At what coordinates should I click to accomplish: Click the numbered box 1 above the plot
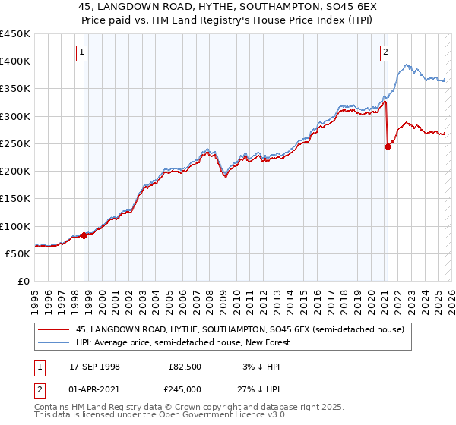pos(81,52)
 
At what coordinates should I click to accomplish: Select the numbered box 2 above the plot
pos(386,52)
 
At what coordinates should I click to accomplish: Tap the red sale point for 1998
pos(84,235)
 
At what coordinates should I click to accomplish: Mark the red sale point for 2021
pos(388,146)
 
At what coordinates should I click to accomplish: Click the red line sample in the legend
pos(54,329)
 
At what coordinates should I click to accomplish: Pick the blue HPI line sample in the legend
pos(54,343)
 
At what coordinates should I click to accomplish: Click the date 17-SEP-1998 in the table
pos(94,367)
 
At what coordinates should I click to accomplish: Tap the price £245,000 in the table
pos(185,389)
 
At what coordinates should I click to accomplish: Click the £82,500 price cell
pos(185,367)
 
